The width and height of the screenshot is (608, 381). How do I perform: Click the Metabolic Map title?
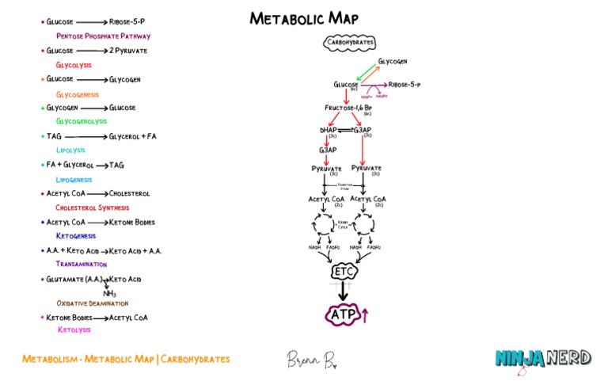pyautogui.click(x=303, y=18)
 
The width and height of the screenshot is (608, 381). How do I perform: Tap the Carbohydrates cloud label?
pyautogui.click(x=349, y=43)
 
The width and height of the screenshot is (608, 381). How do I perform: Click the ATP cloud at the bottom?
pyautogui.click(x=344, y=314)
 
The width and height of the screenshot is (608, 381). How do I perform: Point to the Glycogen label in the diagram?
pyautogui.click(x=393, y=62)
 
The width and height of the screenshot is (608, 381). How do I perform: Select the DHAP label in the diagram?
pyautogui.click(x=329, y=129)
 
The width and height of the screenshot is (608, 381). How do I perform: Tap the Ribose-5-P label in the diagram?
pyautogui.click(x=404, y=84)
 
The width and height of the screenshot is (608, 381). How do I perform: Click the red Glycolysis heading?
pyautogui.click(x=74, y=65)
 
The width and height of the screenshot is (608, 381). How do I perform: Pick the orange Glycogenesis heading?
pyautogui.click(x=77, y=94)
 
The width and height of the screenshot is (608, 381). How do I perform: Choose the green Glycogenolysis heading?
pyautogui.click(x=81, y=121)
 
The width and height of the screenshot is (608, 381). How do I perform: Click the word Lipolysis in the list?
pyautogui.click(x=70, y=150)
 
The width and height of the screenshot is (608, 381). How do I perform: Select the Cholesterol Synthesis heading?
pyautogui.click(x=92, y=207)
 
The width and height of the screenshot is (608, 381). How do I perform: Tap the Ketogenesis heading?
pyautogui.click(x=76, y=236)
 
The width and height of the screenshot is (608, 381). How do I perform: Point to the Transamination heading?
pyautogui.click(x=81, y=265)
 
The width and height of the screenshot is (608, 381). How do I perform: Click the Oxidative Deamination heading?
pyautogui.click(x=92, y=303)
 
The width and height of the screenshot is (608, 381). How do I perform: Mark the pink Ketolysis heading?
pyautogui.click(x=74, y=330)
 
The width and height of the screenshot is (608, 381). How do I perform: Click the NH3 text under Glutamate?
pyautogui.click(x=109, y=293)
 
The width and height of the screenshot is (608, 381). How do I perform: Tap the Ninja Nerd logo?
pyautogui.click(x=543, y=359)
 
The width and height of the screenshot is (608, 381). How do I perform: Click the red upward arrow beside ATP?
pyautogui.click(x=365, y=315)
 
